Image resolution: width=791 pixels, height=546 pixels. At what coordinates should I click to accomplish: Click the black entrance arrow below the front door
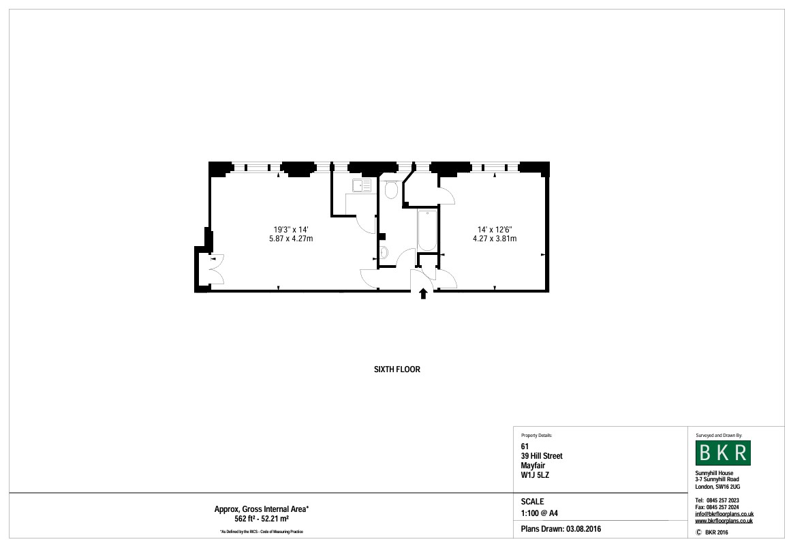pyautogui.click(x=423, y=294)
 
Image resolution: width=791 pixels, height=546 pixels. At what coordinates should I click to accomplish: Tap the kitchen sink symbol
pyautogui.click(x=361, y=185)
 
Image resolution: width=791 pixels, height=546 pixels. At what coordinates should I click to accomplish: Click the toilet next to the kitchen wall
pyautogui.click(x=391, y=190)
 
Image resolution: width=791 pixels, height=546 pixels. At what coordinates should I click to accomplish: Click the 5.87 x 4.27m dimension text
pyautogui.click(x=291, y=239)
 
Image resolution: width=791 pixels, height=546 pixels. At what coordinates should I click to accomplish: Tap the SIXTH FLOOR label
pyautogui.click(x=397, y=369)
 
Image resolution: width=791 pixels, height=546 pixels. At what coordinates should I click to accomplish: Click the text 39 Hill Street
pyautogui.click(x=542, y=456)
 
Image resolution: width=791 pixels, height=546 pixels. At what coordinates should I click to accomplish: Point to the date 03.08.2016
pyautogui.click(x=583, y=529)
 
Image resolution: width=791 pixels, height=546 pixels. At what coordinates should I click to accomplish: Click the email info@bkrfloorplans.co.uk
pyautogui.click(x=724, y=514)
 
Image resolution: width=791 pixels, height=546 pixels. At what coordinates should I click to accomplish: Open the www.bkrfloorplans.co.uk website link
pyautogui.click(x=724, y=521)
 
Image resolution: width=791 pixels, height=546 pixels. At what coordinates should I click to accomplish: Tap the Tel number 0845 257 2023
pyautogui.click(x=732, y=500)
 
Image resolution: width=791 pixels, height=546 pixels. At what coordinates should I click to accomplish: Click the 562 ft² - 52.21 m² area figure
pyautogui.click(x=262, y=519)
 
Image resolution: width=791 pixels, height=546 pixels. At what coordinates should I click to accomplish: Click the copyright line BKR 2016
pyautogui.click(x=716, y=532)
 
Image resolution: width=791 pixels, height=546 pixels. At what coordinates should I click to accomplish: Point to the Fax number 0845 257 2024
pyautogui.click(x=732, y=507)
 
